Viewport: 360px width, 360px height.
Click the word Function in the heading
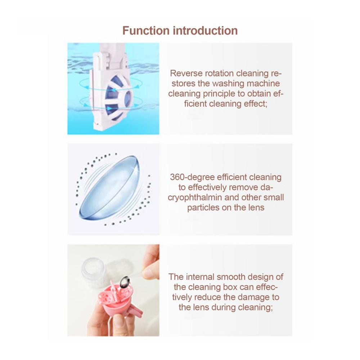[146, 31]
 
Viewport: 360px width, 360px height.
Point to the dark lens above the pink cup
[125, 282]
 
